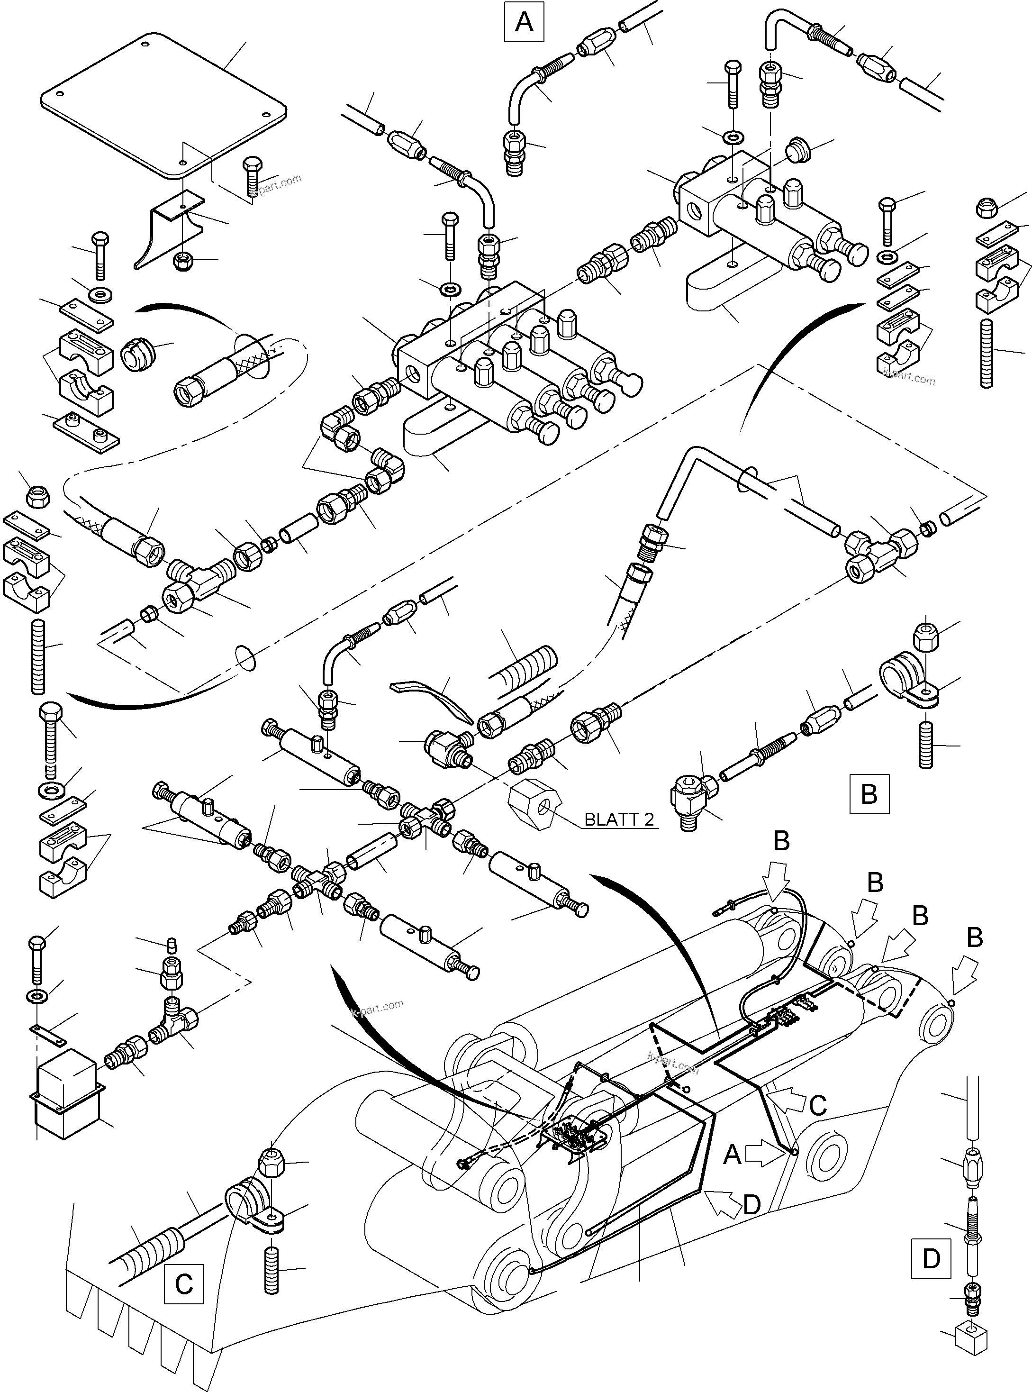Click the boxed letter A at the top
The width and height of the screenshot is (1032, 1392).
[524, 22]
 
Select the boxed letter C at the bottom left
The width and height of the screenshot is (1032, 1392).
[184, 1284]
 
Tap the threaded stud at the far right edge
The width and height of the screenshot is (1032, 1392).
[987, 353]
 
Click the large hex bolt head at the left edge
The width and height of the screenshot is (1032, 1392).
[51, 712]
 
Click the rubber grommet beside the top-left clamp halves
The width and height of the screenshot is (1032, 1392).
[136, 355]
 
